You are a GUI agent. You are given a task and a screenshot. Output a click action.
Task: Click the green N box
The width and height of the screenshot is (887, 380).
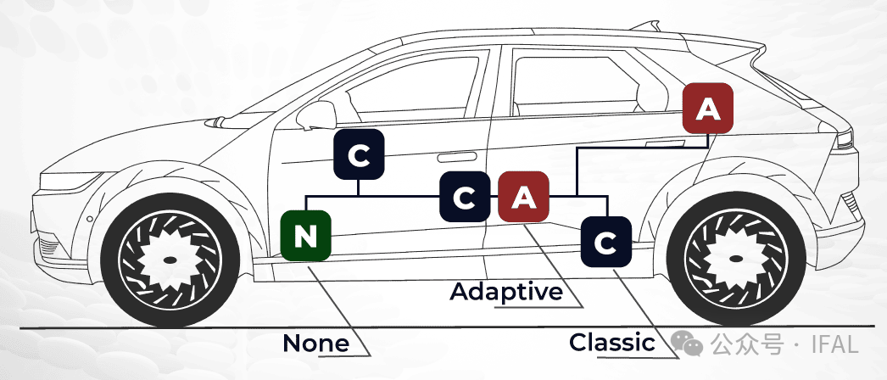point(305,237)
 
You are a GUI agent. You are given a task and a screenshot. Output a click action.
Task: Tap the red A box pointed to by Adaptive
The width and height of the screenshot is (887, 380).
point(524,197)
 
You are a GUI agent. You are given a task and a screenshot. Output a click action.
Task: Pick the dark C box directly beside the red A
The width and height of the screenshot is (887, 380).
point(465,197)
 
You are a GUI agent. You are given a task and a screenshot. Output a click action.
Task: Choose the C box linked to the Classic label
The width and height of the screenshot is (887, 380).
point(605,243)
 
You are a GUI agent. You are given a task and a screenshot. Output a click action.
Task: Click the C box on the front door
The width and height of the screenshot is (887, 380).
point(360,155)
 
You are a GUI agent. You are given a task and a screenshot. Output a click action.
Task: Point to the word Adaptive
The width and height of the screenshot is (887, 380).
point(506,292)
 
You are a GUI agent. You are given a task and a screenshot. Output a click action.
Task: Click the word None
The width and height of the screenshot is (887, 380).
point(315,344)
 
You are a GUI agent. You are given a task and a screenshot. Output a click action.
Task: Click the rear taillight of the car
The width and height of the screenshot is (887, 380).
point(845,141)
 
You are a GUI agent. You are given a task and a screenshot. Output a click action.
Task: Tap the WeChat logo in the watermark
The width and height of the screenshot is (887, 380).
point(686,344)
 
